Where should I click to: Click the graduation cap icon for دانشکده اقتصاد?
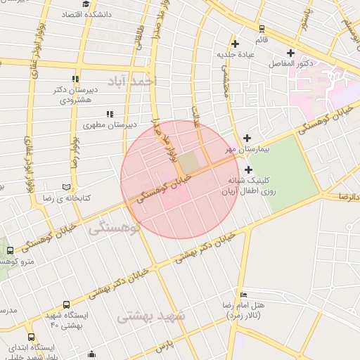pyautogui.click(x=86, y=4)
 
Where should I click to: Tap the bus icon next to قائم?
pyautogui.click(x=262, y=29)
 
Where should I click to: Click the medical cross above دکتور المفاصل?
pyautogui.click(x=290, y=53)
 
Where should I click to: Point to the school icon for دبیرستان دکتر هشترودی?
pyautogui.click(x=76, y=79)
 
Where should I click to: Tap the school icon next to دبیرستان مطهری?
pyautogui.click(x=109, y=114)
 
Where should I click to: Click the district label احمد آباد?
pyautogui.click(x=136, y=82)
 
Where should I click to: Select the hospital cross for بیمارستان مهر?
pyautogui.click(x=247, y=138)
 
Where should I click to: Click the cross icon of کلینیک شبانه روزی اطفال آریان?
pyautogui.click(x=249, y=169)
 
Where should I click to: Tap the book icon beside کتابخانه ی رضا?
pyautogui.click(x=67, y=188)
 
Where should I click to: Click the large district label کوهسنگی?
pyautogui.click(x=115, y=228)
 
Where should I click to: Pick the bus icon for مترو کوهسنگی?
pyautogui.click(x=10, y=251)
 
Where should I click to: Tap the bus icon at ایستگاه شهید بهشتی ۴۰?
pyautogui.click(x=66, y=305)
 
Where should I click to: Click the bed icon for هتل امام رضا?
pyautogui.click(x=243, y=294)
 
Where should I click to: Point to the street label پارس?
pyautogui.click(x=163, y=347)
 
